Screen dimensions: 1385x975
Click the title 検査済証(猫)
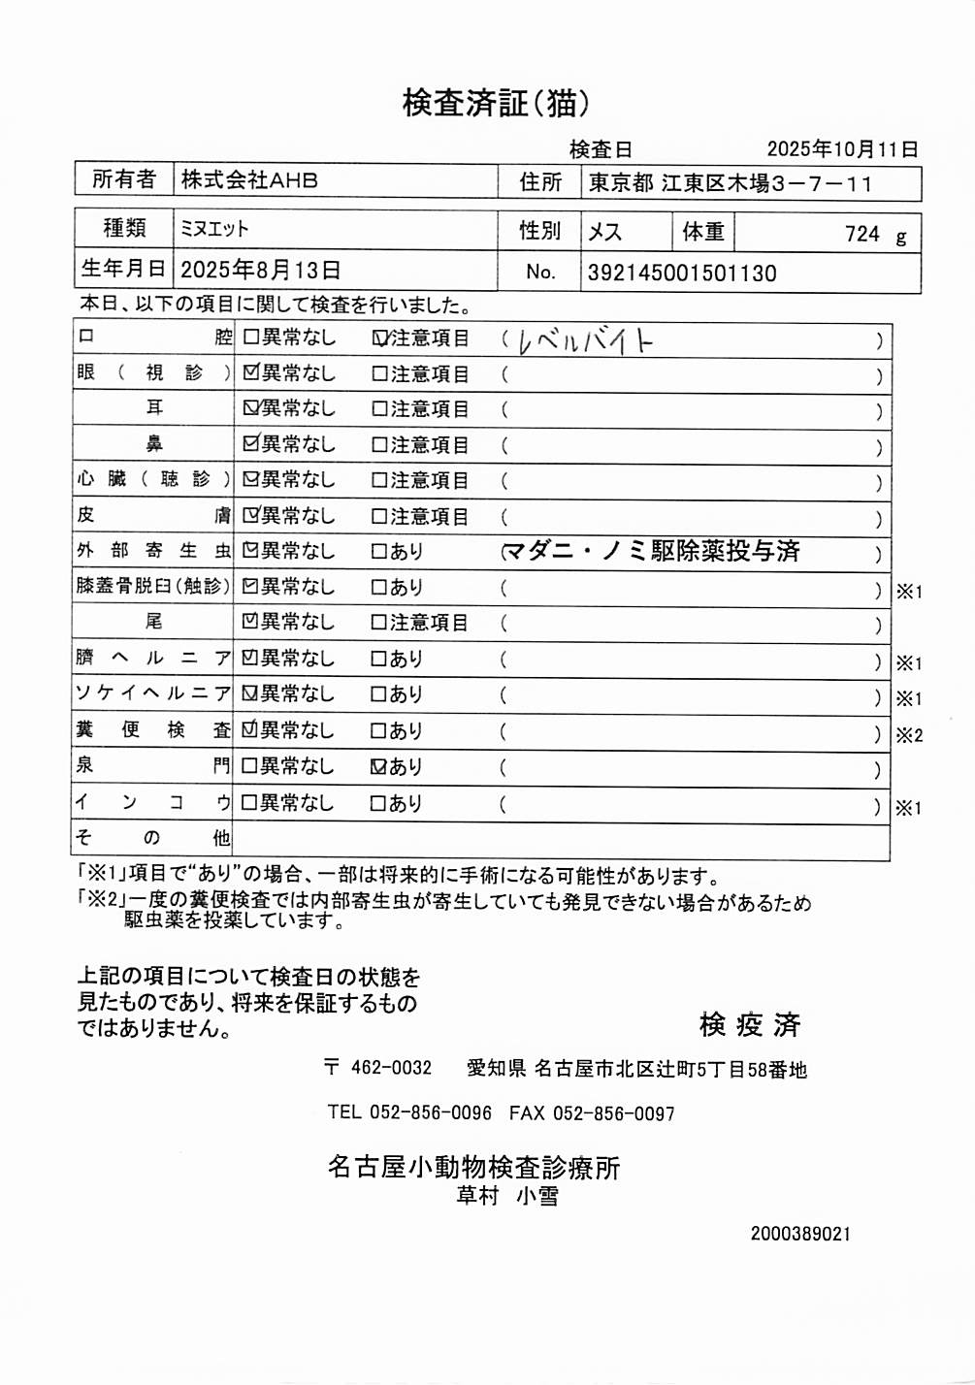coord(495,103)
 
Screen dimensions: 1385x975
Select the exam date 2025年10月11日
coord(841,149)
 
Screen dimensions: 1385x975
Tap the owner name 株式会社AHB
coord(249,180)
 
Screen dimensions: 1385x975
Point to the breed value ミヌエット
coord(214,229)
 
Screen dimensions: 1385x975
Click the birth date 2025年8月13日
coord(260,271)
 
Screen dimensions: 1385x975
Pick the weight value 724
coord(861,234)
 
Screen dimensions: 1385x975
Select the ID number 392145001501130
coord(682,274)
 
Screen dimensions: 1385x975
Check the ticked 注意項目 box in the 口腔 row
coord(380,338)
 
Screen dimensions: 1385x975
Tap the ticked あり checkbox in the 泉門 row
coord(379,767)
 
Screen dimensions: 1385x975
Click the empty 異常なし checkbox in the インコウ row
coord(249,803)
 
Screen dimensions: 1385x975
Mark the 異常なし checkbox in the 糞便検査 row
coord(250,730)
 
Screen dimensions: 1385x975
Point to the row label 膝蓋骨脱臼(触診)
coord(153,586)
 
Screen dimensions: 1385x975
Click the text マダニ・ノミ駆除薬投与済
coord(652,552)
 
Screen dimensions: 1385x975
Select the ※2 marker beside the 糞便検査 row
coord(909,735)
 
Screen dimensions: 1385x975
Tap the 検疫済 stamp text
coord(749,1024)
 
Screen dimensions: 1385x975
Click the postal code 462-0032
coord(391,1068)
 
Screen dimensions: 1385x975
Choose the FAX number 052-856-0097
coord(613,1113)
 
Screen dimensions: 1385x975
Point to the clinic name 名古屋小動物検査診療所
coord(473,1167)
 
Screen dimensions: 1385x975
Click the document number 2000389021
coord(800,1234)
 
